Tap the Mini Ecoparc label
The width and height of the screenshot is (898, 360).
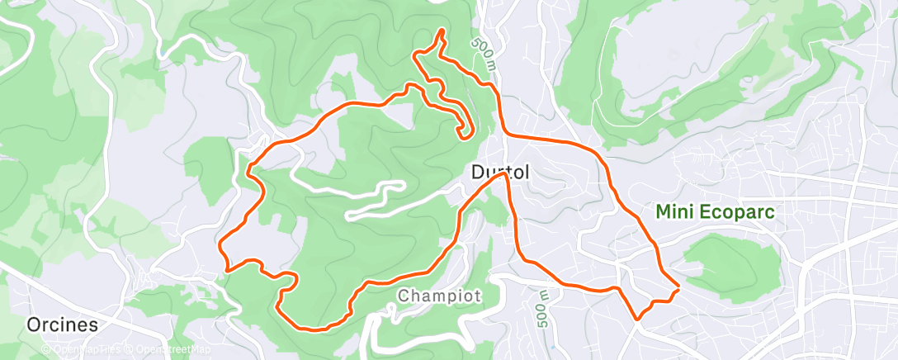[x=716, y=212]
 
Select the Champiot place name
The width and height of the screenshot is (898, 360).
[x=438, y=296]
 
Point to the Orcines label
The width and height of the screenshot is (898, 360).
[x=61, y=324]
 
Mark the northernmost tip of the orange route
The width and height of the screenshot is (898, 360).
[x=442, y=31]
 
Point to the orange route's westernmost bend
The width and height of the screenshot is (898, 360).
[x=220, y=244]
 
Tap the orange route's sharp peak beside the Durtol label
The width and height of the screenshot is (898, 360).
[x=503, y=174]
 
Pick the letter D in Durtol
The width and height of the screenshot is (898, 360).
[x=478, y=173]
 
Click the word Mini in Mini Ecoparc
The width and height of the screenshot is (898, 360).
[x=673, y=212]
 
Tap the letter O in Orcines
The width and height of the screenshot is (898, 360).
[x=34, y=324]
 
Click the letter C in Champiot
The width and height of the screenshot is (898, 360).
[x=404, y=296]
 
